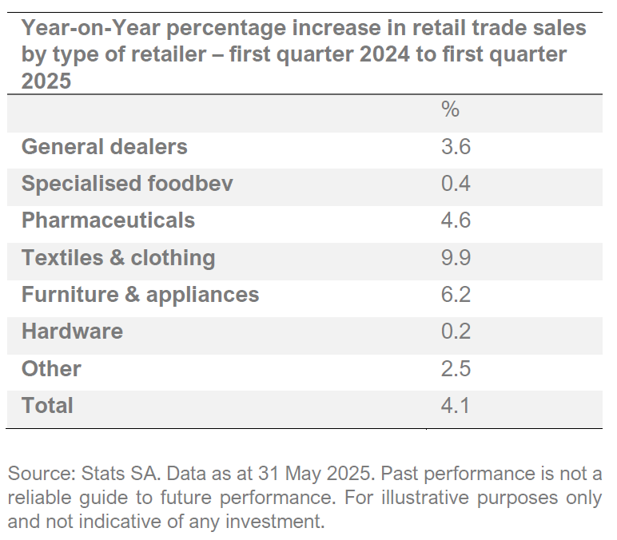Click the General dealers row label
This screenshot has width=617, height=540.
click(x=104, y=147)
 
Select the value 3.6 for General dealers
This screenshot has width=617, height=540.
click(x=456, y=147)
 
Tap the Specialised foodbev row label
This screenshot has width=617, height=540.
click(x=127, y=184)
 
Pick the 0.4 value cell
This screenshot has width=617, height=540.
click(x=456, y=184)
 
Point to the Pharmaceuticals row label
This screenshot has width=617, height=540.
click(x=108, y=220)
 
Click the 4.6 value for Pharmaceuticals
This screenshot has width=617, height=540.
click(x=456, y=220)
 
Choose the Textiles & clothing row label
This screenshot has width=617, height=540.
click(x=118, y=258)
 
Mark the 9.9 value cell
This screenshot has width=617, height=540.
click(x=456, y=258)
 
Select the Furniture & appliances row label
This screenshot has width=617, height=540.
click(x=140, y=295)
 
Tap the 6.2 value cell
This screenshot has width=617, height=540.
click(x=456, y=295)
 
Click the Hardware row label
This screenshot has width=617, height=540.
click(x=72, y=332)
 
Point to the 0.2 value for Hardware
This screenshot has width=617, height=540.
click(x=456, y=332)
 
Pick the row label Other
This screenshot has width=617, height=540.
click(x=51, y=369)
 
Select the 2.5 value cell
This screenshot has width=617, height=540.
click(x=456, y=369)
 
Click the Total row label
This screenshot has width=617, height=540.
click(x=47, y=406)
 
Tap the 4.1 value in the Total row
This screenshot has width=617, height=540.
click(x=456, y=406)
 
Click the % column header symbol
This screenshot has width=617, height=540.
click(x=451, y=109)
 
